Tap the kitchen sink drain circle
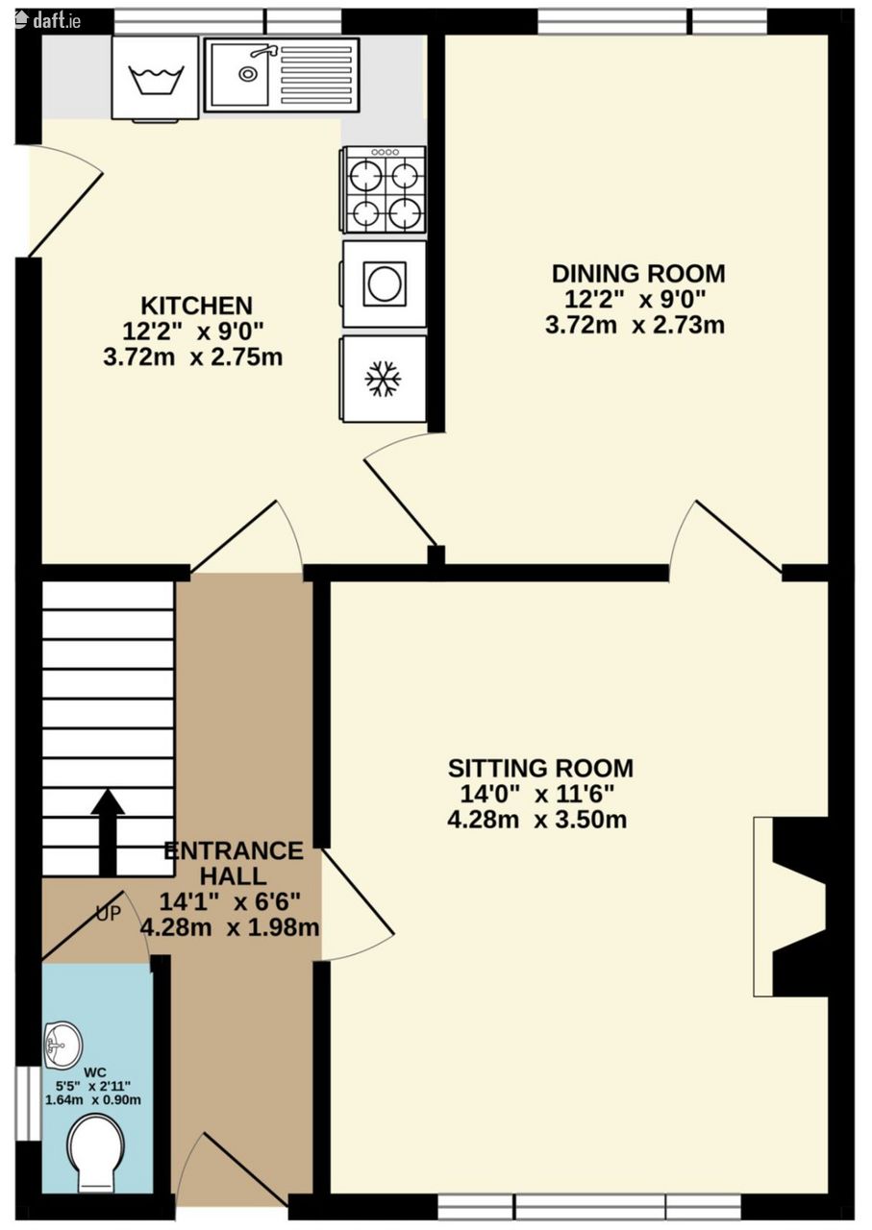(248, 73)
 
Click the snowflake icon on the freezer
(384, 379)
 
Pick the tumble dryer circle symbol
(385, 283)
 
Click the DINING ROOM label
(638, 274)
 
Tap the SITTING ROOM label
(540, 768)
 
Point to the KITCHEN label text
(197, 306)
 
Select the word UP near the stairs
(109, 914)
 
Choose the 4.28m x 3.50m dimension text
(536, 821)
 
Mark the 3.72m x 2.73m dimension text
(635, 325)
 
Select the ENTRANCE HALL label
(234, 863)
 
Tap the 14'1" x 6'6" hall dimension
(230, 901)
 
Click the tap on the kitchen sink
(263, 52)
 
